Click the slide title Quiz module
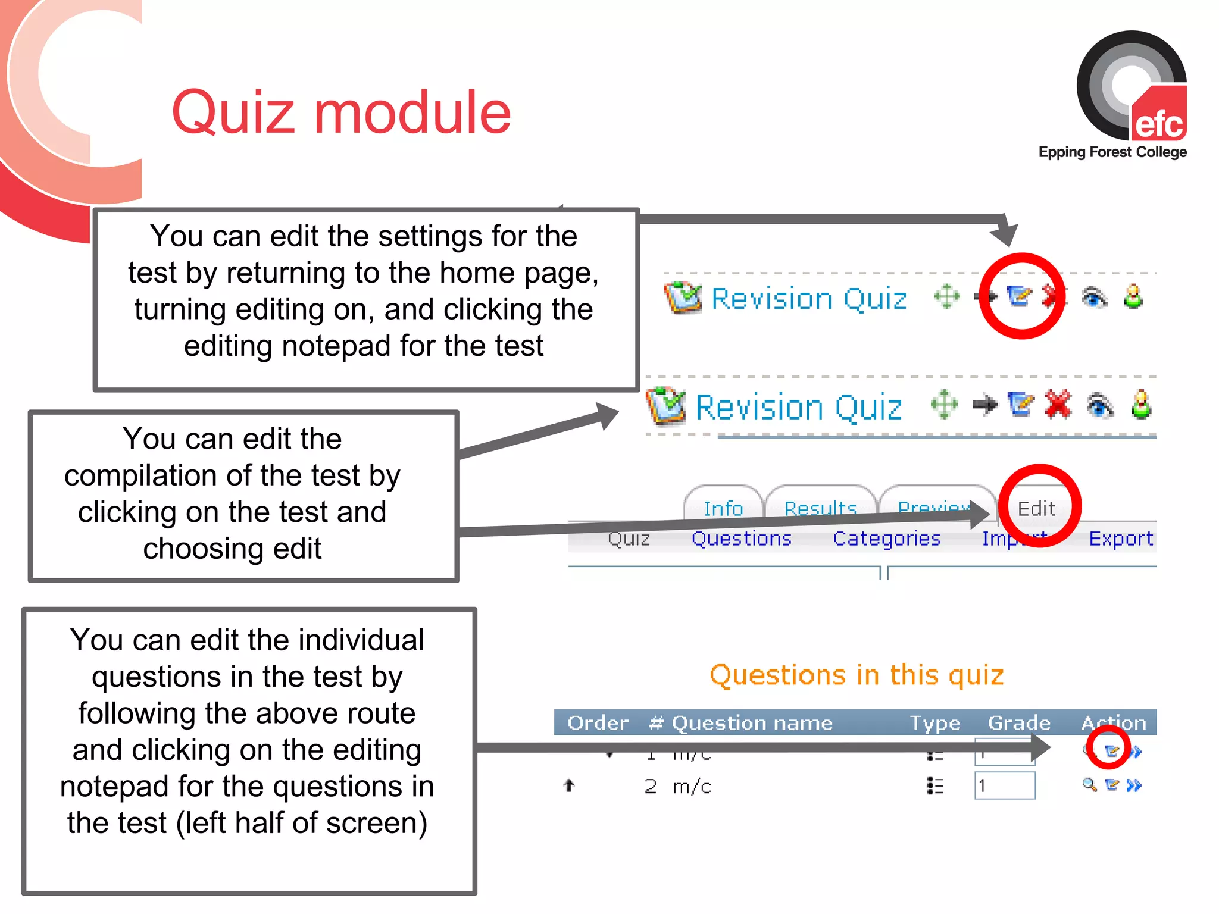pyautogui.click(x=341, y=112)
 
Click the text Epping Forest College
pyautogui.click(x=1112, y=152)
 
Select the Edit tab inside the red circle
pyautogui.click(x=1036, y=509)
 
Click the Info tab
pyautogui.click(x=723, y=508)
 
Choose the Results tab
pyautogui.click(x=820, y=508)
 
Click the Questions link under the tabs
pyautogui.click(x=741, y=539)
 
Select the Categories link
pyautogui.click(x=886, y=539)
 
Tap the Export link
pyautogui.click(x=1120, y=539)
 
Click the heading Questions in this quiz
pyautogui.click(x=857, y=675)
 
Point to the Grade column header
pyautogui.click(x=1018, y=723)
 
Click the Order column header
pyautogui.click(x=598, y=723)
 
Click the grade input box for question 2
pyautogui.click(x=1005, y=786)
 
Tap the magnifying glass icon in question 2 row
pyautogui.click(x=1089, y=785)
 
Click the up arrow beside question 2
pyautogui.click(x=569, y=786)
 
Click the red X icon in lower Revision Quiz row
pyautogui.click(x=1058, y=405)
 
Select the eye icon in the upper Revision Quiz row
pyautogui.click(x=1094, y=297)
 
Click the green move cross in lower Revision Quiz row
pyautogui.click(x=945, y=405)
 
